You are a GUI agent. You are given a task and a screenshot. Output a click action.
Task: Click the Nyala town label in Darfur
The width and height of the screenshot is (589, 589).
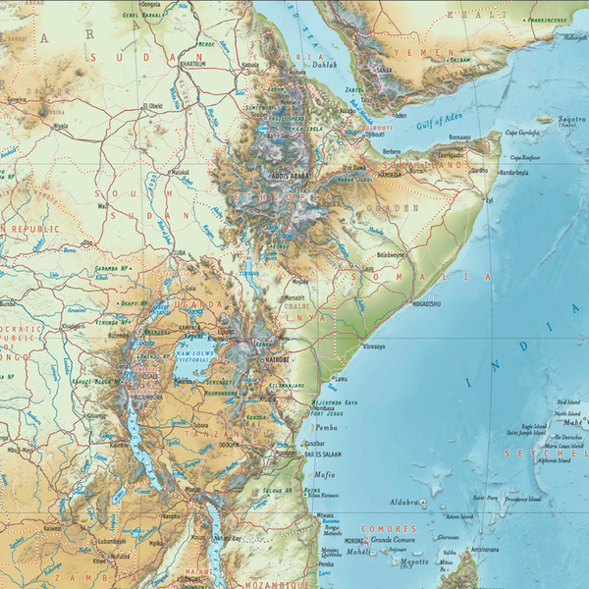[x=61, y=126]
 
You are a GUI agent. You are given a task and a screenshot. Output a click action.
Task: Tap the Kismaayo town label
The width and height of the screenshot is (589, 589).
[x=375, y=346]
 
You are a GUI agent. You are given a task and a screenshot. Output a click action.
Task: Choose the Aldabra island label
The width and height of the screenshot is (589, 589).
[x=403, y=502]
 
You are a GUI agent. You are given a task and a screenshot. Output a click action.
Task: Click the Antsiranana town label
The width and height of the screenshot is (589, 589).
[x=488, y=549]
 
